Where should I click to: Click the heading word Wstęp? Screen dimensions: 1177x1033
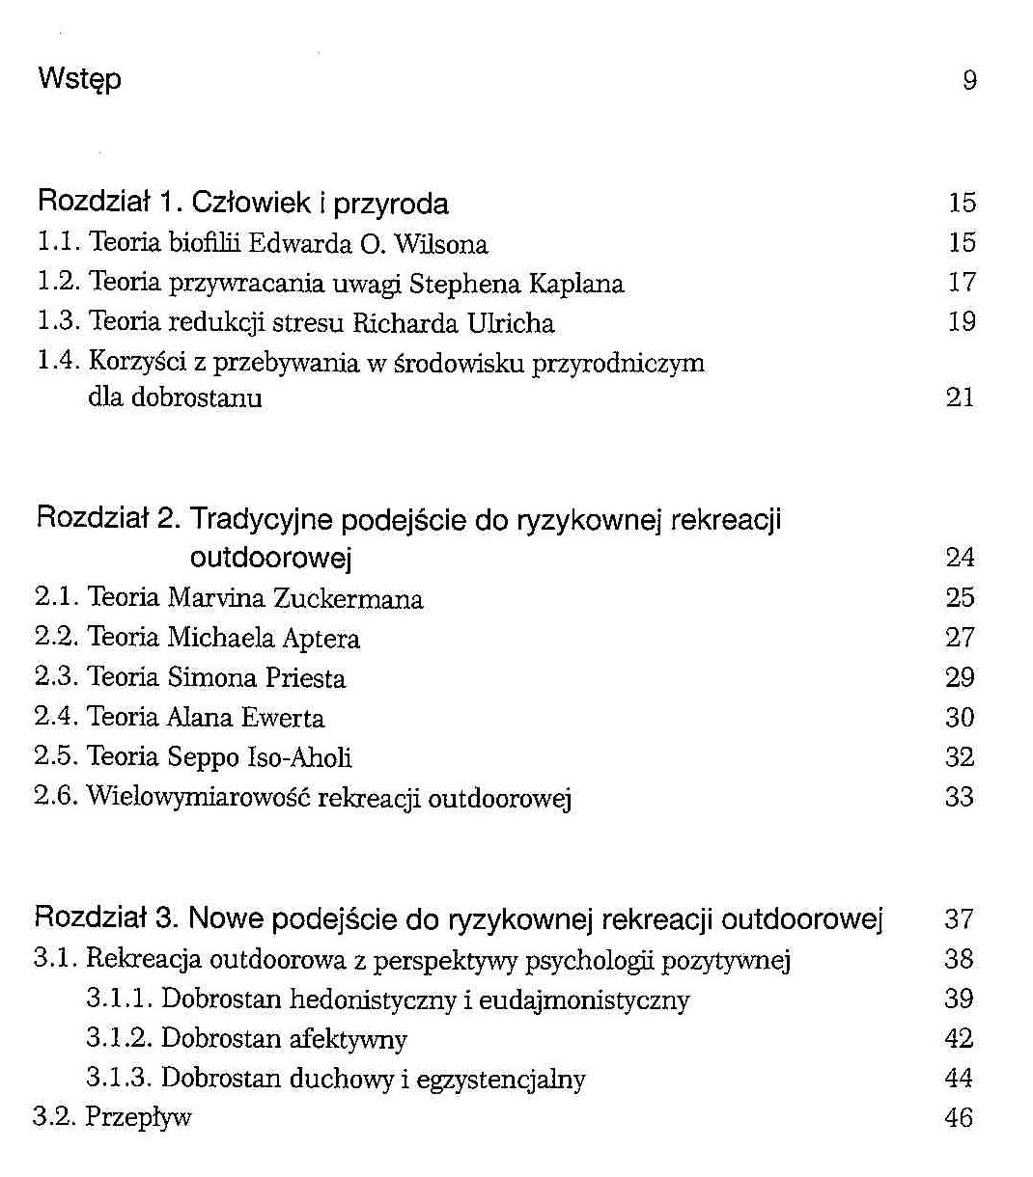tap(79, 79)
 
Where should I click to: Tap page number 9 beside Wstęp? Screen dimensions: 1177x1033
tap(969, 80)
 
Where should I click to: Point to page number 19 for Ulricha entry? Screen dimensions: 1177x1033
tap(962, 322)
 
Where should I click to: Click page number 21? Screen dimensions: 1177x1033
tap(961, 397)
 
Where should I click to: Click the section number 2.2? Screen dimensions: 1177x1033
tap(56, 638)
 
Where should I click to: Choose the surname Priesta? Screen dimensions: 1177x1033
tap(305, 678)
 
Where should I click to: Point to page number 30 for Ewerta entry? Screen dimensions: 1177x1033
tap(960, 718)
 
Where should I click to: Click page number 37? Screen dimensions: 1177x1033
tap(959, 918)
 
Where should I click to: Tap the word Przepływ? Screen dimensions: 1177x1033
tap(138, 1118)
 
